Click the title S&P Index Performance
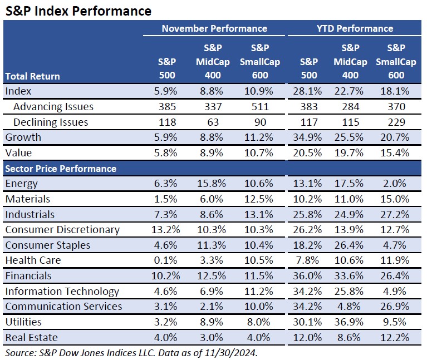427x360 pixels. (x=77, y=11)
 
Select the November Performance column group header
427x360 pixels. (x=215, y=28)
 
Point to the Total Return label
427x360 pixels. (x=32, y=76)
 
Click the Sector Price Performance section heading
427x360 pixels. (x=60, y=169)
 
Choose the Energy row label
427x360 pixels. (x=22, y=184)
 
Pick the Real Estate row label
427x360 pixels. (x=31, y=337)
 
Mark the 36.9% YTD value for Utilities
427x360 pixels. (x=350, y=322)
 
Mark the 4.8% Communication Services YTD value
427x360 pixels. (x=350, y=307)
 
